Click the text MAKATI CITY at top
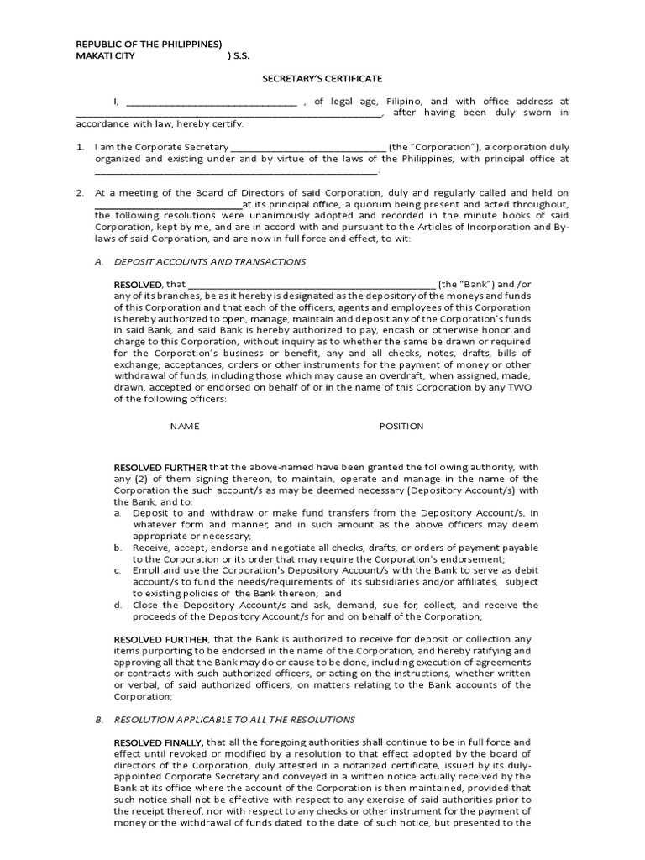pos(104,56)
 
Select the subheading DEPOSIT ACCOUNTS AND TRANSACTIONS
pos(210,262)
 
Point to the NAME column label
pos(185,427)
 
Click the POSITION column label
pos(401,427)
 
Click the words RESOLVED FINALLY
pos(159,742)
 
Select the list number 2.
pos(80,193)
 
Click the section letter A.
pos(99,262)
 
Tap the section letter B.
pos(99,720)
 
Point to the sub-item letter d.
pos(118,605)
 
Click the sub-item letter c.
pos(118,570)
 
